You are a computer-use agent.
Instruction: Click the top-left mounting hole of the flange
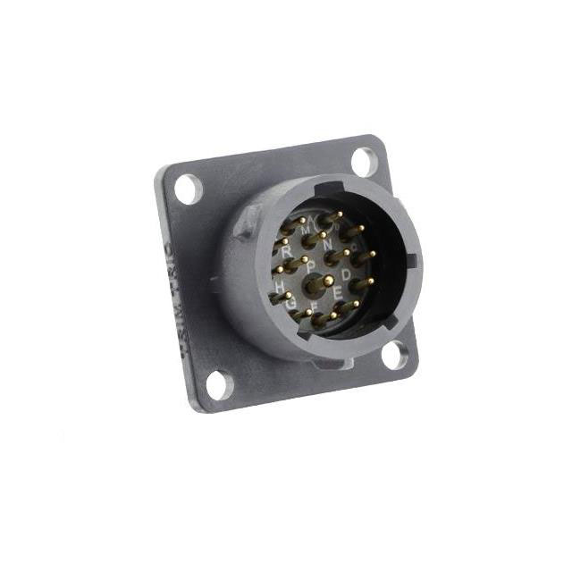[189, 189]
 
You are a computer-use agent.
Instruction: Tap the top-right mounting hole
[364, 161]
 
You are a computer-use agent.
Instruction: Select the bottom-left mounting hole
[217, 385]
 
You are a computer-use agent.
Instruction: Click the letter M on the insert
[307, 231]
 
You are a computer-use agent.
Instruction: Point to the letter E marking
[338, 293]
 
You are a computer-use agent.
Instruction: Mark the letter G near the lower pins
[291, 305]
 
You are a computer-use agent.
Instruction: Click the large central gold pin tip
[328, 281]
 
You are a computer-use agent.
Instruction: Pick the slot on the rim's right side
[413, 265]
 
